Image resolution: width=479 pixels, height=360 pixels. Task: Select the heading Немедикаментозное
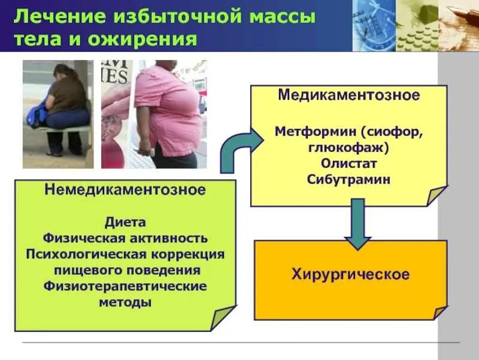125,191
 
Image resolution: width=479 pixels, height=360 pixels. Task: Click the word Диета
125,223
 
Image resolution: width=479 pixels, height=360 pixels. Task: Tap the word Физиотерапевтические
125,286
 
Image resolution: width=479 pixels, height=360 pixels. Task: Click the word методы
125,302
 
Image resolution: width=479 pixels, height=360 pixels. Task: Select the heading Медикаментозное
348,96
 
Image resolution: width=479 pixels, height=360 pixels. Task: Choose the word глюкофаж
346,147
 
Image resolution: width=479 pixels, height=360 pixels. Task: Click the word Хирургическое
351,275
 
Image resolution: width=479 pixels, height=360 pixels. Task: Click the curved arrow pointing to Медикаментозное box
237,150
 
